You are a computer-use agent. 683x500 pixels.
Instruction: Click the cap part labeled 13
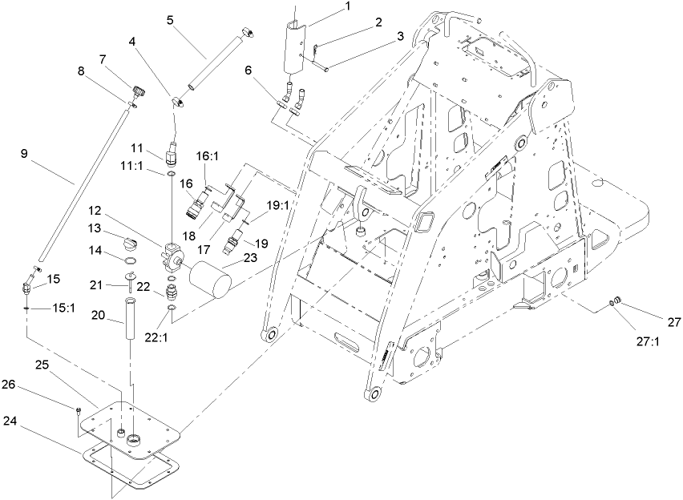coord(130,244)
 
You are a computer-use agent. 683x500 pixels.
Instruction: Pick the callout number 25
coord(42,364)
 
